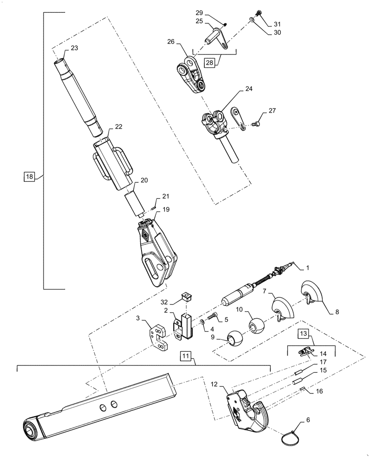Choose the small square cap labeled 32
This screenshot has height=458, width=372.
pos(186,295)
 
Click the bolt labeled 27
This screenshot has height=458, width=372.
pos(256,122)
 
